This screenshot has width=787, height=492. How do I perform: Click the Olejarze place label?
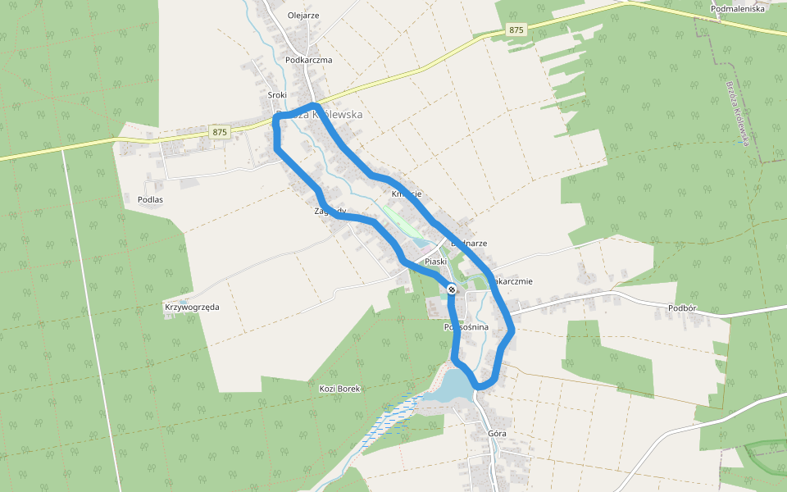[303, 15]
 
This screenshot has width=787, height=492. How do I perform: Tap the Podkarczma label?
[308, 60]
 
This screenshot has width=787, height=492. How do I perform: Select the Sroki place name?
[277, 95]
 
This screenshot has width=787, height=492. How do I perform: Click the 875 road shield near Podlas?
[219, 131]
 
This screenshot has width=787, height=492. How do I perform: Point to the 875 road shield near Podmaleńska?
[516, 30]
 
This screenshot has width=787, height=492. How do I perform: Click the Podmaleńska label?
[738, 8]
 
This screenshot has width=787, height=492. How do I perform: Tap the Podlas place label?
[150, 199]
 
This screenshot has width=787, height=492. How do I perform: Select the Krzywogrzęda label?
[192, 307]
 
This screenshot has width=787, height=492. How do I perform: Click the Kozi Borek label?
[339, 388]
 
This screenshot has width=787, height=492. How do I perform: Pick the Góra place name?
[497, 433]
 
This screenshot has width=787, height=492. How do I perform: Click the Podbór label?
[682, 307]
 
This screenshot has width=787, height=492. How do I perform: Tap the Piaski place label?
[435, 262]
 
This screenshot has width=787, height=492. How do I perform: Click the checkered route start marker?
[452, 288]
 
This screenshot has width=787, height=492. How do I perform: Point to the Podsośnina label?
[466, 327]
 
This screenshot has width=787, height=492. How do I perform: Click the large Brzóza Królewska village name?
[320, 115]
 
